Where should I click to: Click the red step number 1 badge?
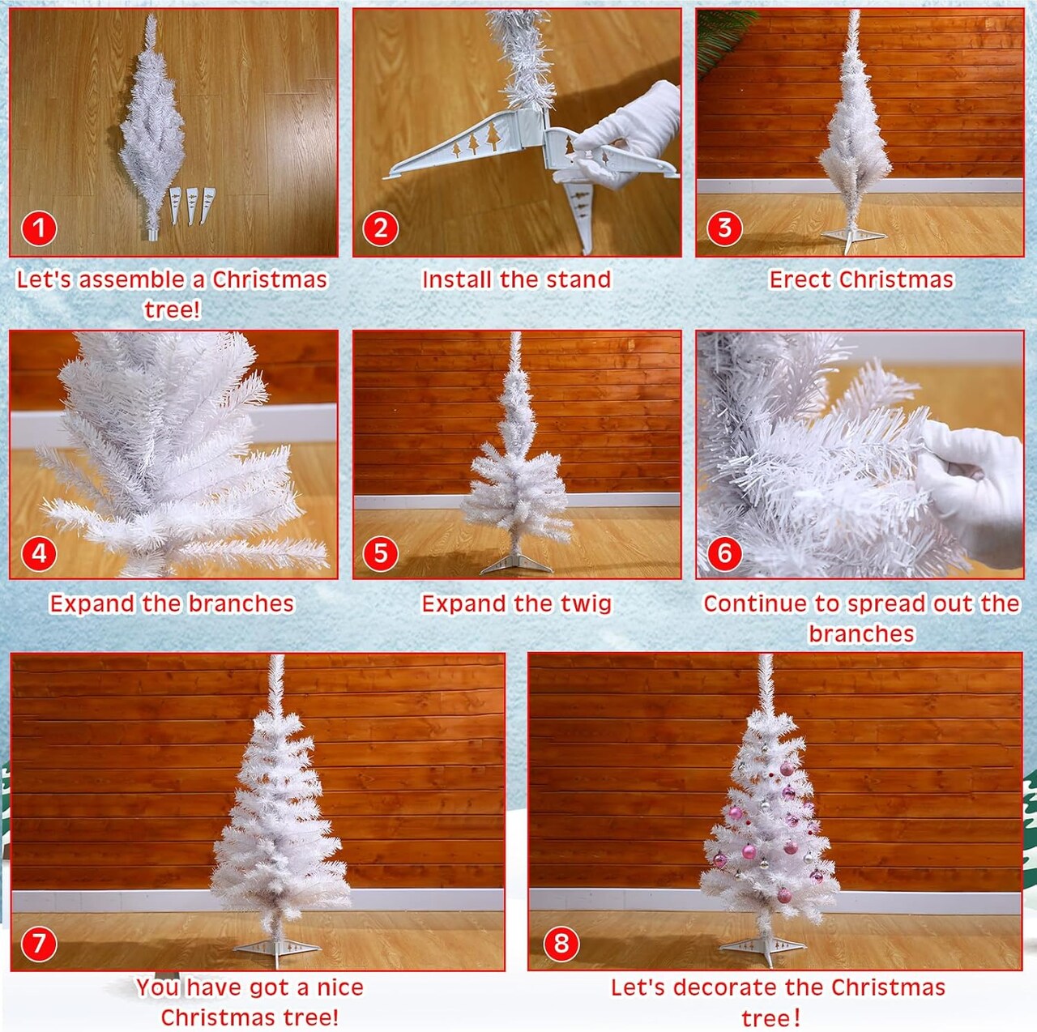tap(38, 228)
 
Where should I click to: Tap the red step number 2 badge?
tap(381, 228)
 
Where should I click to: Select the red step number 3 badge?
tap(724, 228)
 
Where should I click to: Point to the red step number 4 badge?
tap(38, 553)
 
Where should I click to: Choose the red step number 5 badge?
tap(381, 553)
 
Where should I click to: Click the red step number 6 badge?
tap(724, 553)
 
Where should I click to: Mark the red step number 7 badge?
tap(38, 944)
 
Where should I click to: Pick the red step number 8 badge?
tap(561, 944)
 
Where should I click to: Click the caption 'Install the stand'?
tap(516, 279)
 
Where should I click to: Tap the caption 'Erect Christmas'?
tap(861, 279)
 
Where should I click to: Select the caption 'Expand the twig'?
tap(516, 603)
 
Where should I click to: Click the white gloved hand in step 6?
tap(972, 486)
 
